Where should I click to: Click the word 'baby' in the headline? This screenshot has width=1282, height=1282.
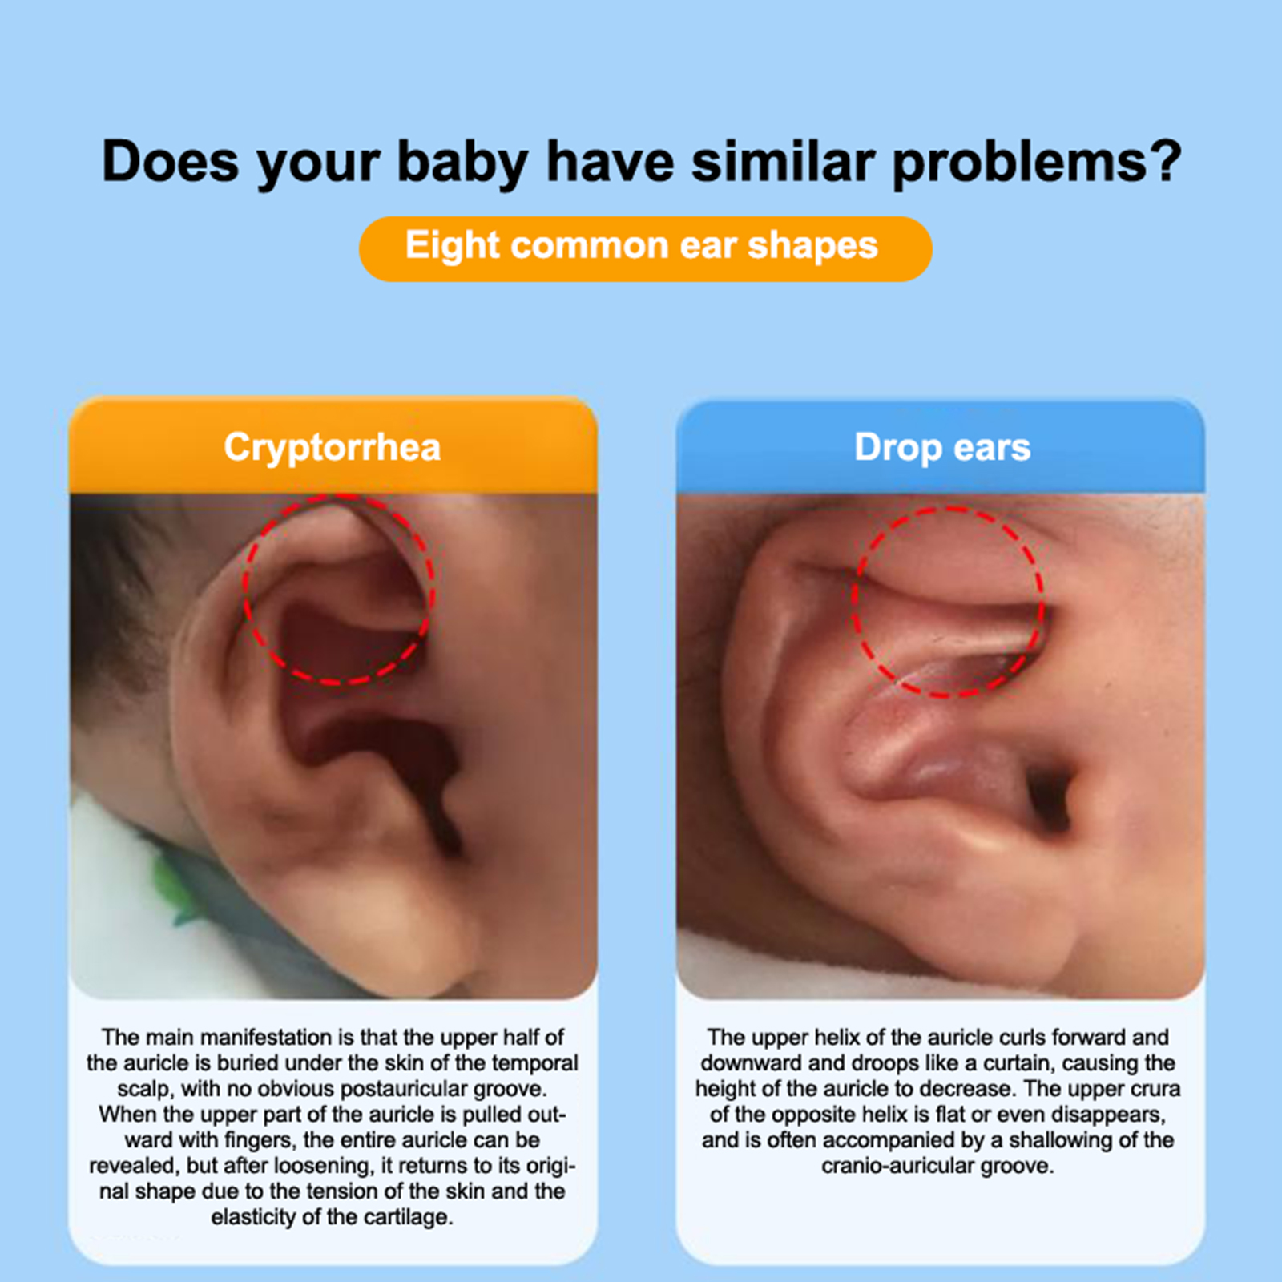coord(462,163)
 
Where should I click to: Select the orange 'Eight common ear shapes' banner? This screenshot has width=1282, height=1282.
coord(645,248)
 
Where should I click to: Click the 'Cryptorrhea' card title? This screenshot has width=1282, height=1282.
coord(332,447)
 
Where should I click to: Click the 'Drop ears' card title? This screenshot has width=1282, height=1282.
coord(942,447)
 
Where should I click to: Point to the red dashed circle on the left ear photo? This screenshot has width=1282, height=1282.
coord(244,589)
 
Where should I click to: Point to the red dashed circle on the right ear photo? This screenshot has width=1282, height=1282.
coord(854,601)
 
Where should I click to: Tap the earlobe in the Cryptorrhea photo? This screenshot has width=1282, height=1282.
coord(385,921)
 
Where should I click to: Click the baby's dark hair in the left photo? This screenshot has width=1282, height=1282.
coord(112,609)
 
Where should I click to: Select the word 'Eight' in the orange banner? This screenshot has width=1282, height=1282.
coord(453,245)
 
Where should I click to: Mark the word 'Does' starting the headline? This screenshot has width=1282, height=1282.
coord(171,162)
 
